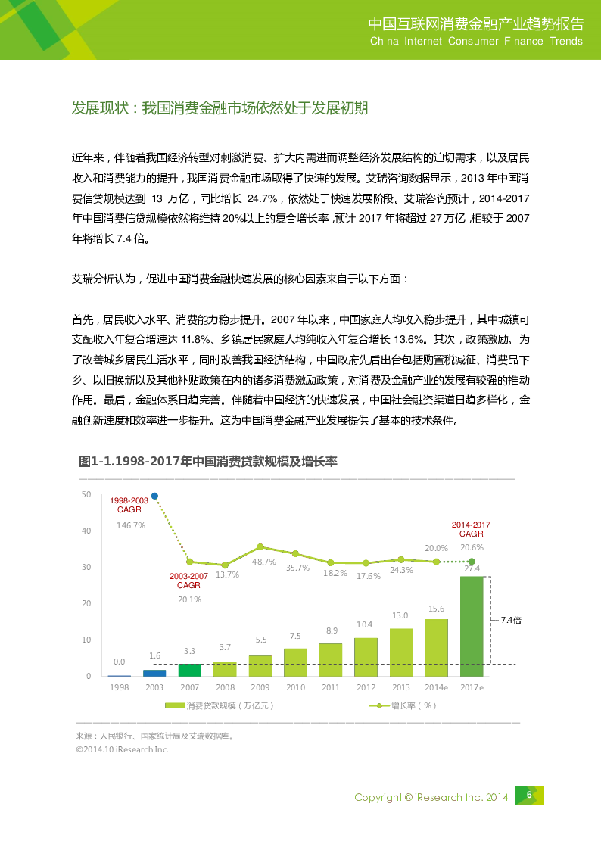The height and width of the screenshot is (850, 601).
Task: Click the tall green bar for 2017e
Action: [472, 626]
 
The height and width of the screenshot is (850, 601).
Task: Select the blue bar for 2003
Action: [154, 672]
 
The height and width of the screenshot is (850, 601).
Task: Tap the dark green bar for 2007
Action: [189, 669]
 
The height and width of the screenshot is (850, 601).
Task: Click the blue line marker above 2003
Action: [154, 497]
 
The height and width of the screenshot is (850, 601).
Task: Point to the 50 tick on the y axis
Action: [86, 494]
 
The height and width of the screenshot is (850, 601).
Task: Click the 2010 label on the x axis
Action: [295, 687]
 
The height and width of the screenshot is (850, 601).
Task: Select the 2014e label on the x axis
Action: [436, 687]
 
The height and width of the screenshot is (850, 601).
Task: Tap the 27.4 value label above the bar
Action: [472, 568]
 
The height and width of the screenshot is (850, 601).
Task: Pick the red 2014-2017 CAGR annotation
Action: [471, 528]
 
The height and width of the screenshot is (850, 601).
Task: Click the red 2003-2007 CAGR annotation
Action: [188, 581]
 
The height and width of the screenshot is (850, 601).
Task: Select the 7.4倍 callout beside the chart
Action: [511, 619]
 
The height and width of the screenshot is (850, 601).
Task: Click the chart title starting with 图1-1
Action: [208, 461]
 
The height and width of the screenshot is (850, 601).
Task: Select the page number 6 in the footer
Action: [529, 794]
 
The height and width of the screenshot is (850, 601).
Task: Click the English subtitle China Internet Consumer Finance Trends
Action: [476, 42]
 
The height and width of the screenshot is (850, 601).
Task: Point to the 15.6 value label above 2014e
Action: [436, 609]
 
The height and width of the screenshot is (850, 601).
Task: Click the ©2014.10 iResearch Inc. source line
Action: [122, 749]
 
